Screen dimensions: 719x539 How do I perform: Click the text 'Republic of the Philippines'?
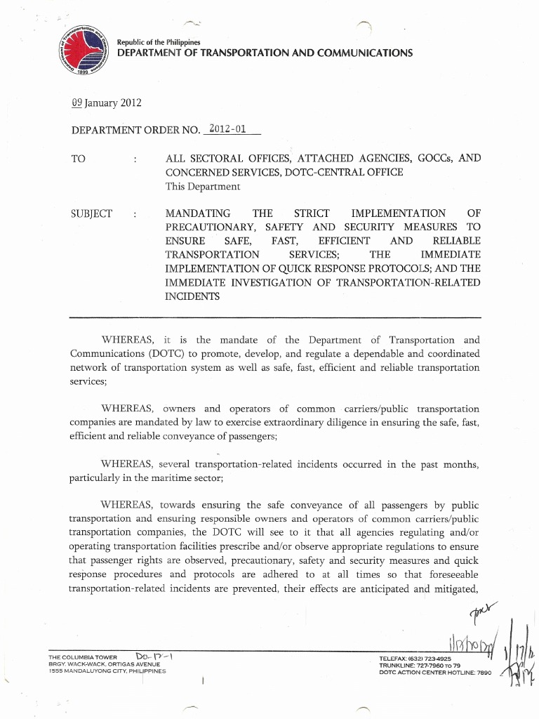(x=159, y=41)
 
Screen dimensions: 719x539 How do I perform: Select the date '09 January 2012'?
(x=107, y=104)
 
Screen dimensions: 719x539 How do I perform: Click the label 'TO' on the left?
(x=79, y=159)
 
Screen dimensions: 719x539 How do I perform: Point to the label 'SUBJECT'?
(x=91, y=213)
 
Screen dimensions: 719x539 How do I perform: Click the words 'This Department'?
(x=203, y=187)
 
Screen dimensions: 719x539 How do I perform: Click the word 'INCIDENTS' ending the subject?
(x=192, y=296)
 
